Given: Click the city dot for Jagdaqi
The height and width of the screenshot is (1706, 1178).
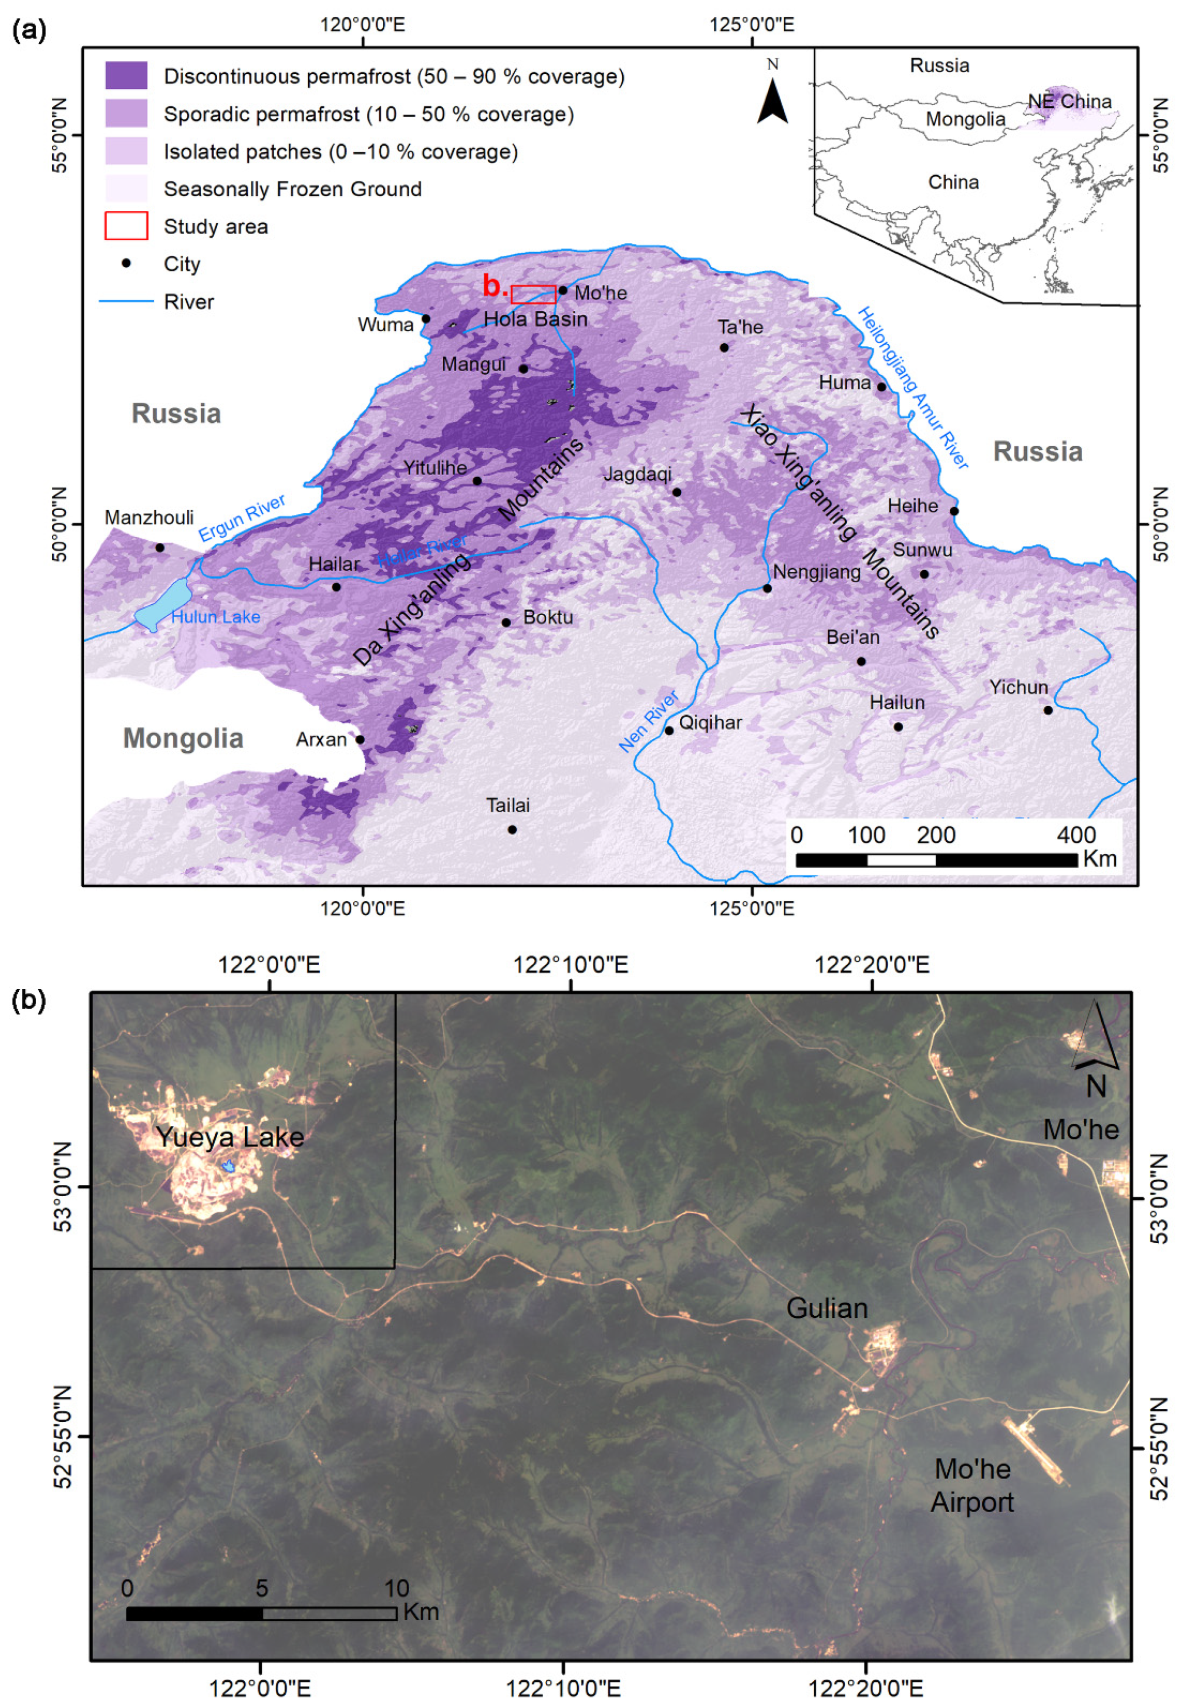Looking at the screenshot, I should (x=677, y=492).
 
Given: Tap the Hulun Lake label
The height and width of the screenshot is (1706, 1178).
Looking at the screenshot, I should (x=216, y=617).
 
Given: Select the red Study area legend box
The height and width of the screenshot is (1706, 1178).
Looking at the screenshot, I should (x=126, y=226).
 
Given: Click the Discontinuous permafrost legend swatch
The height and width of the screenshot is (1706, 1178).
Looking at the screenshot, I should (x=126, y=76).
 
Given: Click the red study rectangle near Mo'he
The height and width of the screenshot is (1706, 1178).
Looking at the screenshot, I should (x=533, y=295).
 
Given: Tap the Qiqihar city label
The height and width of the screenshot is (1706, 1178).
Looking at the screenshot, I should (x=710, y=722).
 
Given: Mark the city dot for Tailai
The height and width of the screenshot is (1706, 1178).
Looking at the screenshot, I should (x=512, y=829).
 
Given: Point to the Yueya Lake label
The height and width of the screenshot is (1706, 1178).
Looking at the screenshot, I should (x=230, y=1137).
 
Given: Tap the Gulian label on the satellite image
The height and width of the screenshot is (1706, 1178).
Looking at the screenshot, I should (x=827, y=1308).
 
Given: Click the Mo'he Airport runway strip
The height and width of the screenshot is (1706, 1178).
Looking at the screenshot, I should (x=1034, y=1430).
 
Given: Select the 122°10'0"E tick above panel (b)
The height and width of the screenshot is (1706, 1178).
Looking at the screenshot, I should (x=570, y=964).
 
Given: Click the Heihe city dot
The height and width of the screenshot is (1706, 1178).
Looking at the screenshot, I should (x=953, y=511).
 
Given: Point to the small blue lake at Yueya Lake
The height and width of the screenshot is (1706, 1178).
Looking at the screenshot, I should (x=229, y=1166).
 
